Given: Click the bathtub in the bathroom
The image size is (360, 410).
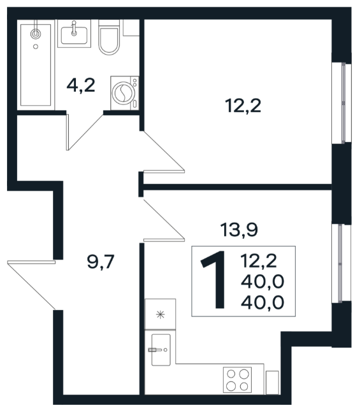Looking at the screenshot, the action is tap(36, 65).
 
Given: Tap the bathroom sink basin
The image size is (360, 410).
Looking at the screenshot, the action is tap(74, 35).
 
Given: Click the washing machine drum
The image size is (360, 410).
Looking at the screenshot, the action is tap(124, 92).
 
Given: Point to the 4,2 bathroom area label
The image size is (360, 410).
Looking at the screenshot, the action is tap(81, 85).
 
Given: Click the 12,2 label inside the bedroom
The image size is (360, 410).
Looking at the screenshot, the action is tap(243, 106).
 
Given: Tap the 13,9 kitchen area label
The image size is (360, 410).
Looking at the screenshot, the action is tap(239, 230).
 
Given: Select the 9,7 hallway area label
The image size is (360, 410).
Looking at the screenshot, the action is tap(101, 262).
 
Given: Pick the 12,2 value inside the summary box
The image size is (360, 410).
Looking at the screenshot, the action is tap(259, 261).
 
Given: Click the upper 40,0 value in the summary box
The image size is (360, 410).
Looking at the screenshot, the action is tap(263, 282).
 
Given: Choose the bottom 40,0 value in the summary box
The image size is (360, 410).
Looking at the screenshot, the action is tap(263, 302).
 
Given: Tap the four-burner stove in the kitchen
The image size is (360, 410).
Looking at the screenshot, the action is tap(237, 379).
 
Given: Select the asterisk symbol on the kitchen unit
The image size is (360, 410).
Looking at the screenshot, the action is tap(161, 315).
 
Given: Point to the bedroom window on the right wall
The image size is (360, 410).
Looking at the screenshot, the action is tap(342, 103).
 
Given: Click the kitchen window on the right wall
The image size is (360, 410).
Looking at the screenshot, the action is tap(341, 264).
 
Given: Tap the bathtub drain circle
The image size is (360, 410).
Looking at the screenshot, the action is tap(36, 46).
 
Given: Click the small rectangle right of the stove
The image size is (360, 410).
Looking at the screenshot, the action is tap(272, 382).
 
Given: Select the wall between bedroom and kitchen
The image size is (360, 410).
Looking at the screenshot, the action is tap(238, 187).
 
